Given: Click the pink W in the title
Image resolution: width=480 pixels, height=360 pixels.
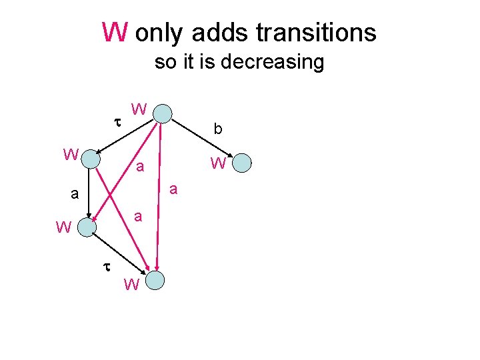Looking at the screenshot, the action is click(x=114, y=31).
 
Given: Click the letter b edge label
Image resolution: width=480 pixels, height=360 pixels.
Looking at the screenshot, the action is click(x=217, y=129).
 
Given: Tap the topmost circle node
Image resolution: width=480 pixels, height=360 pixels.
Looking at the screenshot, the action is click(x=163, y=113).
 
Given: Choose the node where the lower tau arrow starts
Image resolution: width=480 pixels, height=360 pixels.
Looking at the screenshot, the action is click(x=87, y=227).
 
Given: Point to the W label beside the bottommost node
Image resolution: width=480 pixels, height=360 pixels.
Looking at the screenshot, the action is click(x=131, y=286).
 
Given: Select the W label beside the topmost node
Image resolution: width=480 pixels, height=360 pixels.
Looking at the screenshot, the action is click(x=139, y=109).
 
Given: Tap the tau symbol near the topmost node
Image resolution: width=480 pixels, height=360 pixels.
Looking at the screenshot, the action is click(x=117, y=123).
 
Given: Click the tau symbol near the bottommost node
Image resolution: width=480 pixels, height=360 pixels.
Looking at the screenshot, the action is click(x=105, y=265).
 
